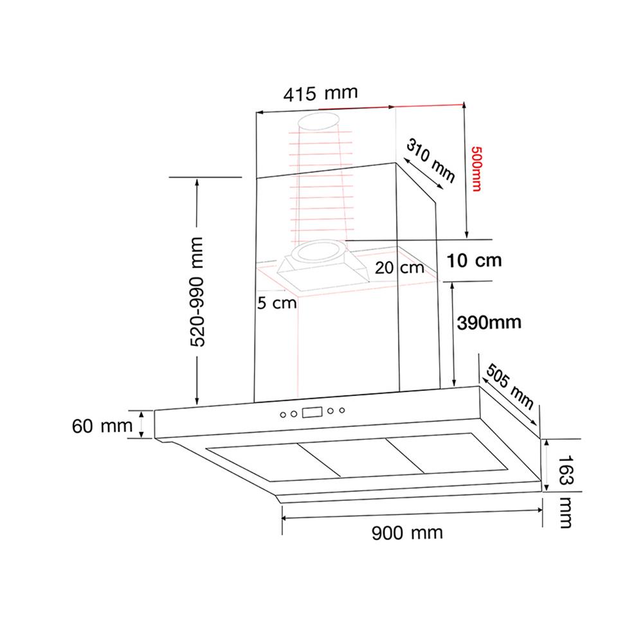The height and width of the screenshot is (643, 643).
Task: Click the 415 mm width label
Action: tap(320, 94)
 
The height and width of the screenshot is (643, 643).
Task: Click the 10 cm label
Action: tap(474, 261)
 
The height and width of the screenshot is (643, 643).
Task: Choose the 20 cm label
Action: tap(399, 268)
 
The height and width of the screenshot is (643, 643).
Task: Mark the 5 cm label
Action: tap(277, 303)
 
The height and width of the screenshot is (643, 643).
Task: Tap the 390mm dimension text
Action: tap(489, 322)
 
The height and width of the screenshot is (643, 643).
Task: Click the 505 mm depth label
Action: tap(510, 386)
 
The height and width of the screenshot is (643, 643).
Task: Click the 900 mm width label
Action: tap(408, 533)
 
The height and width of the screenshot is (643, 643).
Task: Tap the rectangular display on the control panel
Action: tap(313, 413)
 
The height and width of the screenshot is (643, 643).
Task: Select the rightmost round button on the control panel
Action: tap(342, 410)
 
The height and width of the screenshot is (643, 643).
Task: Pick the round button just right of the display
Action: tap(331, 411)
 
